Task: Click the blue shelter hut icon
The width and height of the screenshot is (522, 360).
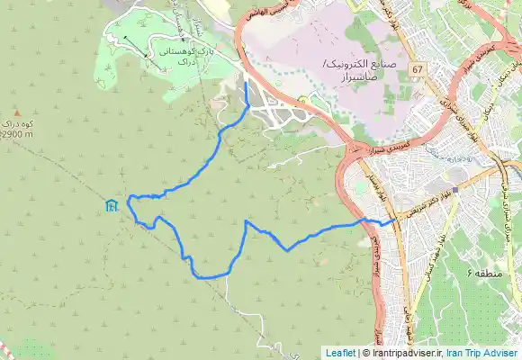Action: point(110,206)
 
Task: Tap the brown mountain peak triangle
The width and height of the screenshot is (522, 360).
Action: point(15,110)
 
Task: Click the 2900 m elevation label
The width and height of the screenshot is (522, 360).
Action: point(17,134)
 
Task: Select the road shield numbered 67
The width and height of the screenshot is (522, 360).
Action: point(417,68)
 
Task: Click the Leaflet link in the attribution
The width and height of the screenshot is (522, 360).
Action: point(339,353)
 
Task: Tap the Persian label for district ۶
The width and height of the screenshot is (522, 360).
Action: point(482,270)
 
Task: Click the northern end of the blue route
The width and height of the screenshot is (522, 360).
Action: point(246,81)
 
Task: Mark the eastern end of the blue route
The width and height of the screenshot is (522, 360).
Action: point(394,220)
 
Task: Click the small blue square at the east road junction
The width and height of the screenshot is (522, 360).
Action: point(455,190)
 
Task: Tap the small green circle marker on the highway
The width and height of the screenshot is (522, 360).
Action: point(303,99)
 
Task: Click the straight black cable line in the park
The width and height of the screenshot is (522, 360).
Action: point(137,45)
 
